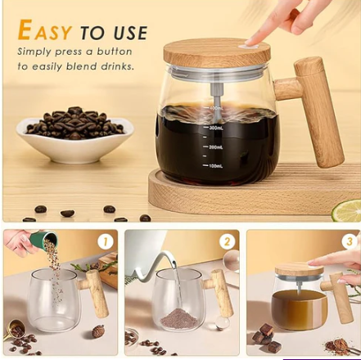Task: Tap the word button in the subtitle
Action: (115, 51)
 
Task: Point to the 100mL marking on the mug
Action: (214, 166)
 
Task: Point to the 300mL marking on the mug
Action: (214, 128)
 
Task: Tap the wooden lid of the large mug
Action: (217, 52)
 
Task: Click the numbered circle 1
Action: (105, 241)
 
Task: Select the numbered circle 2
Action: (227, 241)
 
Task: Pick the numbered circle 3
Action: (349, 241)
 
